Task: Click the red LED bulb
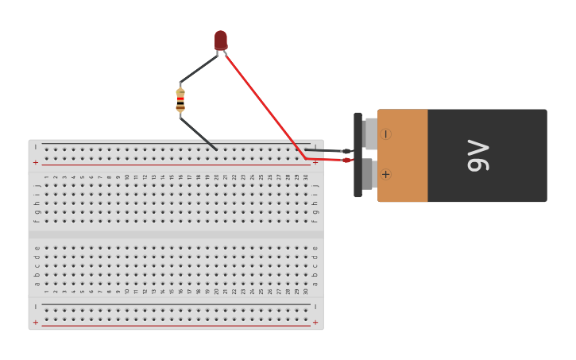tap(220, 40)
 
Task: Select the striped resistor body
tap(180, 100)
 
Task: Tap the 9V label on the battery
tap(478, 156)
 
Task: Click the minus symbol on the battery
tap(385, 134)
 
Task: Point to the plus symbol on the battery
tap(385, 174)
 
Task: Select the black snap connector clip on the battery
tap(358, 155)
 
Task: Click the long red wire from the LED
tap(262, 103)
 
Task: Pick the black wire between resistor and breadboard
tap(199, 134)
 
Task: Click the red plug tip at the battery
tap(346, 160)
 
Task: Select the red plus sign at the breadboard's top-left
tap(35, 162)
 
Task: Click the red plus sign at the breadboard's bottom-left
tap(35, 322)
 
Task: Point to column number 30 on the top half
tap(306, 176)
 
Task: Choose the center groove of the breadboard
tap(176, 234)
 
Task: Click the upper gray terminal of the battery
tap(370, 134)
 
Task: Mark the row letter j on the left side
tap(37, 185)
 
